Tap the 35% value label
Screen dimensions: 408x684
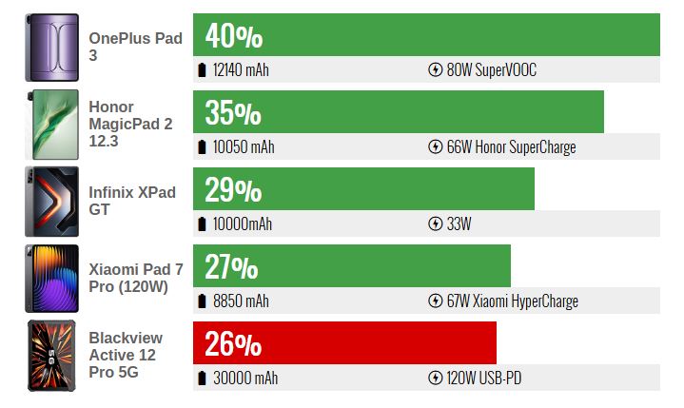pyautogui.click(x=233, y=113)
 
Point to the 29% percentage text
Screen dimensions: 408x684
pyautogui.click(x=233, y=190)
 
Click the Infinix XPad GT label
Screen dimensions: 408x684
pyautogui.click(x=132, y=201)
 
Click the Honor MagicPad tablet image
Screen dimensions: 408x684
pyautogui.click(x=52, y=125)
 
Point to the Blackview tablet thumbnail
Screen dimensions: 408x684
pyautogui.click(x=52, y=355)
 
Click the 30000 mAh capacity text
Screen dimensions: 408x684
pyautogui.click(x=245, y=379)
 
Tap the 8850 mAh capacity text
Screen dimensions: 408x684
pyautogui.click(x=241, y=301)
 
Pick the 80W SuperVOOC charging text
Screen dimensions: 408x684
pyautogui.click(x=491, y=70)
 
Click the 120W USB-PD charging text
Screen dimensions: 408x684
pyautogui.click(x=483, y=379)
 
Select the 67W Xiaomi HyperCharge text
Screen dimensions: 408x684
pyautogui.click(x=512, y=301)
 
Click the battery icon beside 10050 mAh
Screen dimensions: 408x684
pyautogui.click(x=202, y=147)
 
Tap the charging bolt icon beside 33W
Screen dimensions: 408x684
pyautogui.click(x=436, y=224)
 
